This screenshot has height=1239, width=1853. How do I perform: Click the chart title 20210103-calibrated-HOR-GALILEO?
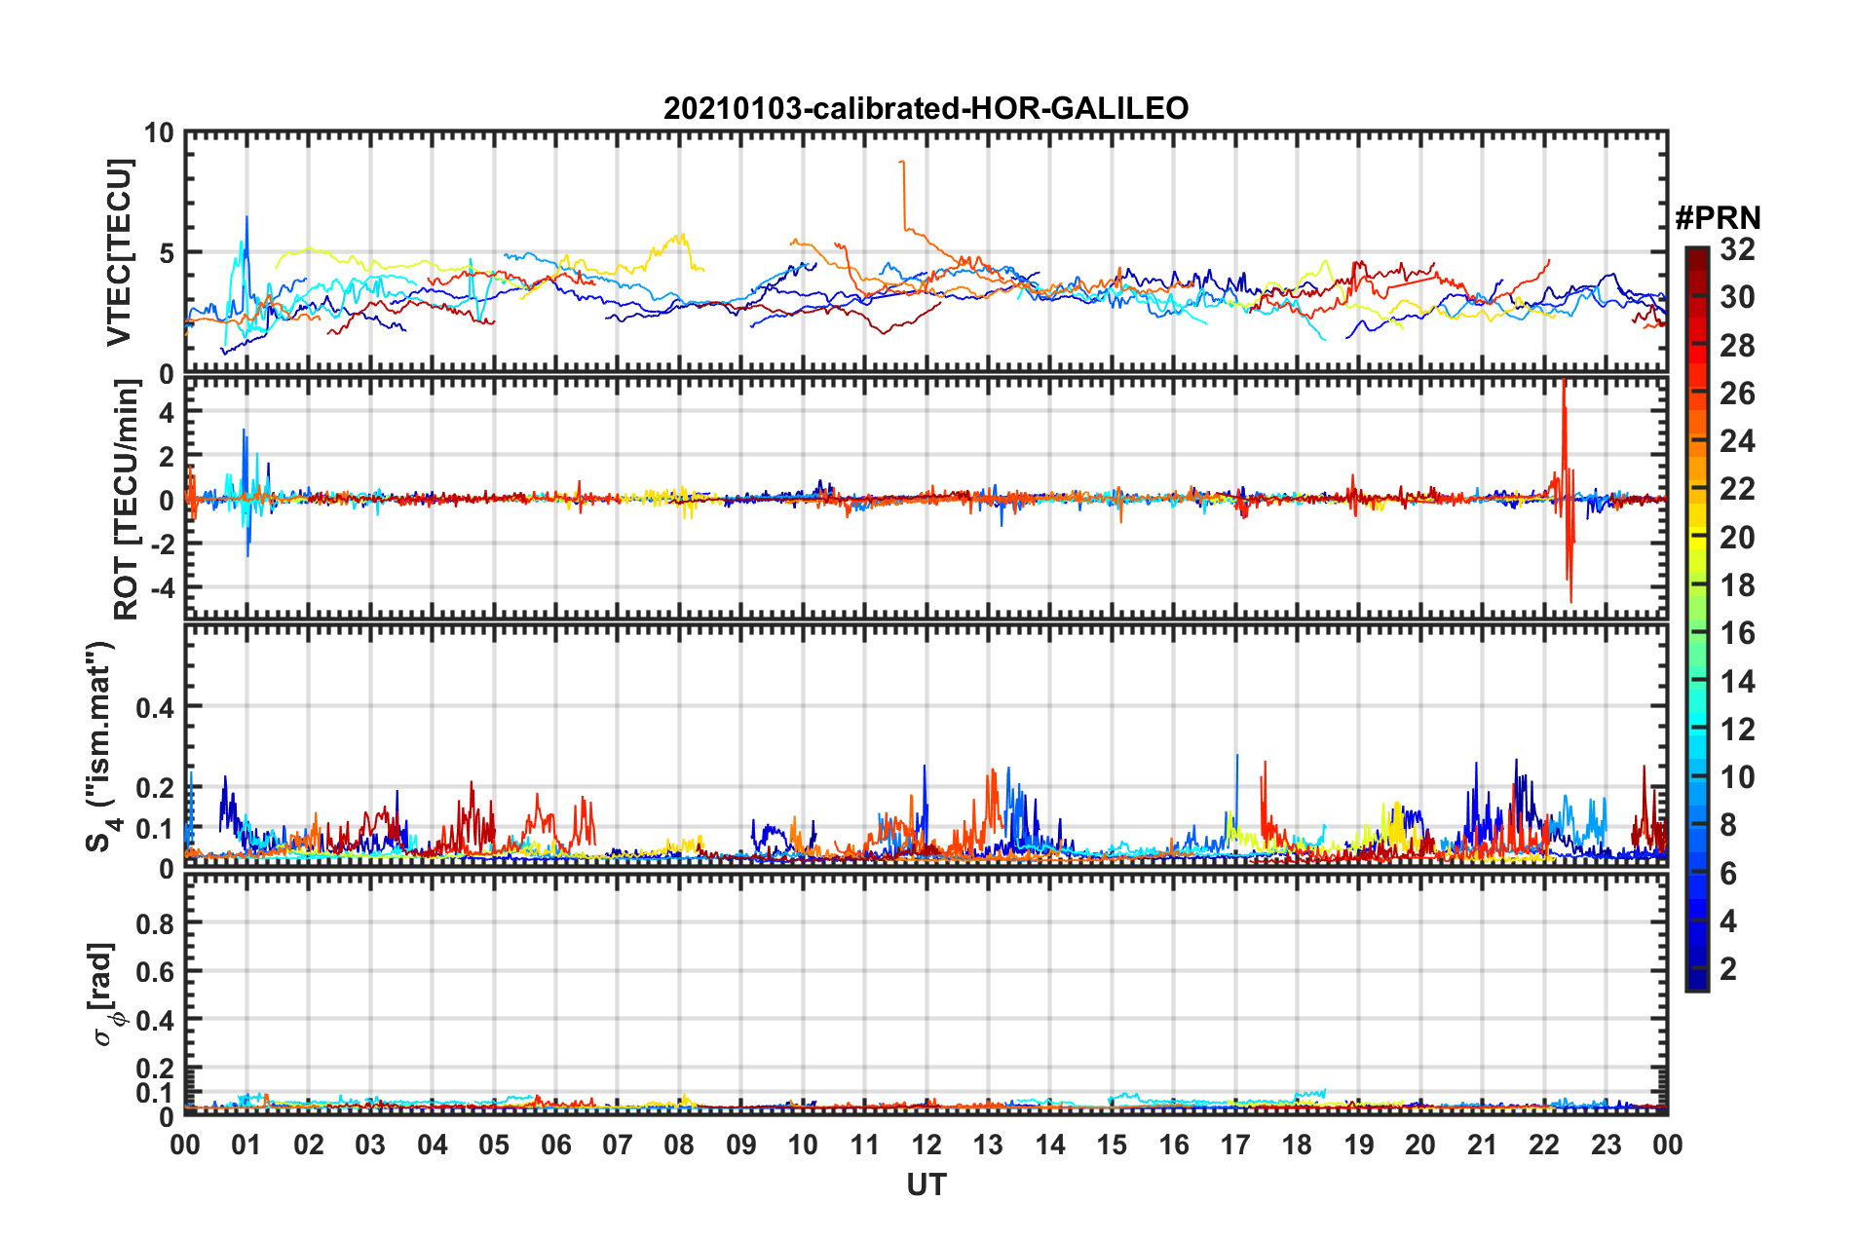[x=926, y=108]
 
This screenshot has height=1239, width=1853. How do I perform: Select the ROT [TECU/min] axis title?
[x=127, y=500]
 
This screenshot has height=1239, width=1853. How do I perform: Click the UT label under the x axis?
[x=926, y=1184]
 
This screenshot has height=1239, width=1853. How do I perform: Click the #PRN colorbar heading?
[x=1718, y=217]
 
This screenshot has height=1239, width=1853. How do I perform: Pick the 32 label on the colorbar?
[x=1737, y=250]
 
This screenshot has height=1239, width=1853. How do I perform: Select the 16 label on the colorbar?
[x=1737, y=634]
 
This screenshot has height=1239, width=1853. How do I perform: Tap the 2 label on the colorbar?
[x=1728, y=969]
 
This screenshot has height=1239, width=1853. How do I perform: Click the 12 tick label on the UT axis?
[x=926, y=1145]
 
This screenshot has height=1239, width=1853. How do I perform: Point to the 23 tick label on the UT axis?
[x=1606, y=1145]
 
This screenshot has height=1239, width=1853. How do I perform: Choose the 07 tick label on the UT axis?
[x=618, y=1145]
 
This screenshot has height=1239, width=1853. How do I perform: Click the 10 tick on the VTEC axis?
[x=159, y=133]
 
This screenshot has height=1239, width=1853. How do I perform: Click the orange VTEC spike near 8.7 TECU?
[x=902, y=163]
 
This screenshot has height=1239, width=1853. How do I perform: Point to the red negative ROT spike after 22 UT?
[x=1570, y=596]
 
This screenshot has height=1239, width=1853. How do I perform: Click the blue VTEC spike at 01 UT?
[x=246, y=218]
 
